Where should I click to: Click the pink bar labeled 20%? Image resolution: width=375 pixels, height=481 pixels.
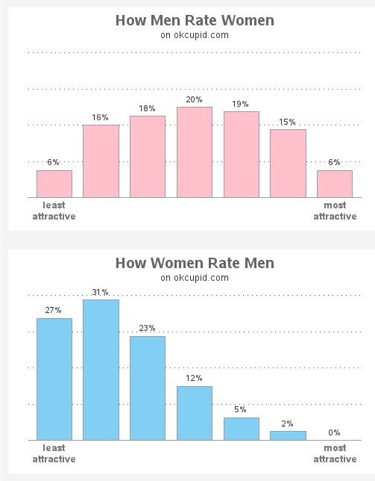click(195, 152)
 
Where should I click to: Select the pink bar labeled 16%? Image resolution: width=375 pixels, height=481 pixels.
click(101, 161)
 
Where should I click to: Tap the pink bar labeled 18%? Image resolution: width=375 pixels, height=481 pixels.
click(148, 157)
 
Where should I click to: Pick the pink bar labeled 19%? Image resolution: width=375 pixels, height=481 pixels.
click(242, 155)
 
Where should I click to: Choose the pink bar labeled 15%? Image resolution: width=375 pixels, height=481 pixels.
click(288, 164)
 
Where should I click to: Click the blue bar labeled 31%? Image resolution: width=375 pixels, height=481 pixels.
click(101, 370)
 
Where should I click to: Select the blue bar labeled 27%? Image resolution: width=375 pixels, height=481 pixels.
click(54, 379)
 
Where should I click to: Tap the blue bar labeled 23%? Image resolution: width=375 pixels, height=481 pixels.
click(148, 388)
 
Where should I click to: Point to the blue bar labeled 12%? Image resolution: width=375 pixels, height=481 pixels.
click(195, 413)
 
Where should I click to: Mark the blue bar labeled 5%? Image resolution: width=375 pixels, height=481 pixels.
click(242, 429)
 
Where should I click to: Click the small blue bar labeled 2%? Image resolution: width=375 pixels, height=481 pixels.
click(288, 435)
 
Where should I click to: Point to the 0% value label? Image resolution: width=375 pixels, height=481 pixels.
click(334, 432)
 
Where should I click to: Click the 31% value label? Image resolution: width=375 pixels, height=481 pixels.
click(101, 292)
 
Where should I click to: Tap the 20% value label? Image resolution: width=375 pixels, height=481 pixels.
click(195, 99)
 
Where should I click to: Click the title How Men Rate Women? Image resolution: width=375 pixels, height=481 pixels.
click(195, 20)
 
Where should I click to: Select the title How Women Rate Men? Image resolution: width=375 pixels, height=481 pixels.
click(195, 263)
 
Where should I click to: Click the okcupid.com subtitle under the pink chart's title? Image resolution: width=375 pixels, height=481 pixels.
click(195, 34)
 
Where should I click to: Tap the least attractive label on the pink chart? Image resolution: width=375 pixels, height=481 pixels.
click(54, 211)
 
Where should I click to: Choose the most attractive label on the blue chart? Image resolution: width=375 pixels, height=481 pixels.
click(334, 453)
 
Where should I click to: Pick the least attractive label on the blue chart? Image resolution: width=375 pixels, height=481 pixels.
click(54, 453)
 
